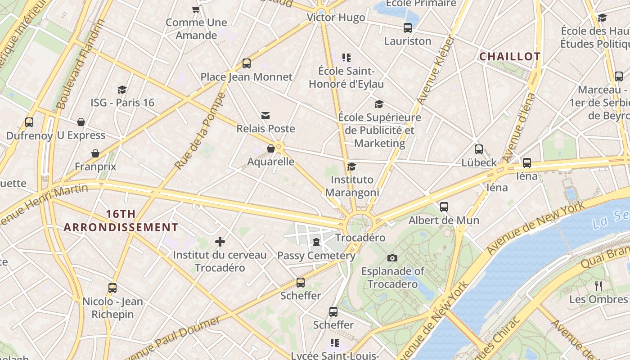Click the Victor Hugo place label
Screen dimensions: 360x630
point(336,18)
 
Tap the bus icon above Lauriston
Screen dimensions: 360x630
point(408,28)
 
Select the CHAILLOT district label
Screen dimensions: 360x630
point(510,57)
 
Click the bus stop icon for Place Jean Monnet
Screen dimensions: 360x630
point(246,63)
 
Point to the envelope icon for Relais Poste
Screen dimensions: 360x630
point(265,116)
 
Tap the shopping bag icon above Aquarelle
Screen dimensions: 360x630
point(271,148)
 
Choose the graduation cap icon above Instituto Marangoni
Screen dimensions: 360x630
point(352,167)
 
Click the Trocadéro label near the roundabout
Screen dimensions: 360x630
point(360,238)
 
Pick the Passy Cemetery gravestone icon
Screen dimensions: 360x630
point(316,243)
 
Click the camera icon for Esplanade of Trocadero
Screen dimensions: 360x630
point(392,258)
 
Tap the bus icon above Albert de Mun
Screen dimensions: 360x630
point(444,207)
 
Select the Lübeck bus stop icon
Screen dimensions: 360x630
point(479,149)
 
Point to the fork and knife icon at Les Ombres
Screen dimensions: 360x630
point(598,286)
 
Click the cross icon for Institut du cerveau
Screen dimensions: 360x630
point(220,242)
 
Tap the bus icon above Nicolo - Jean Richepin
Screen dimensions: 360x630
point(112,288)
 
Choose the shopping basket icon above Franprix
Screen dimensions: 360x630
point(95,154)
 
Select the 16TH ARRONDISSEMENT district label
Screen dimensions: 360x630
point(121,220)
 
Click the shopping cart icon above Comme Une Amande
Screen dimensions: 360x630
point(196,9)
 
